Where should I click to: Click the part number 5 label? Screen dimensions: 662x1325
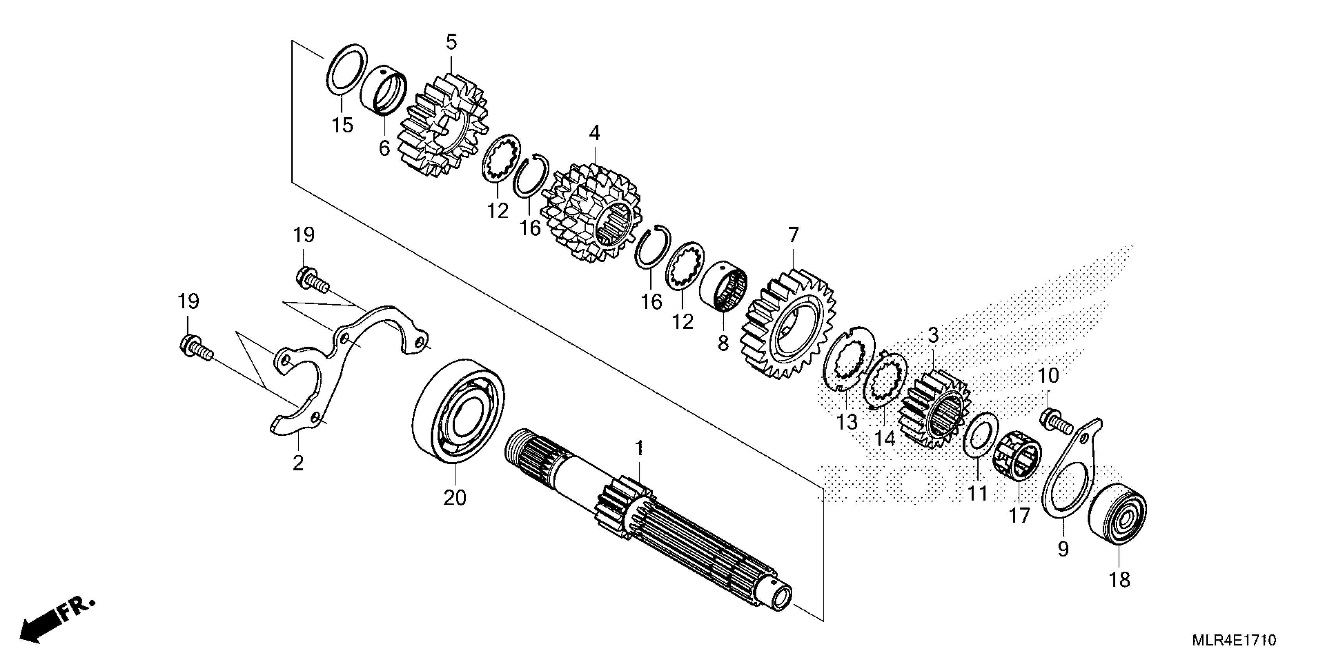pos(451,42)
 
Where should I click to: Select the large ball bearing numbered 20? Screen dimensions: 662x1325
pos(459,411)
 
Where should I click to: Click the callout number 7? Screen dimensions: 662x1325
pos(794,236)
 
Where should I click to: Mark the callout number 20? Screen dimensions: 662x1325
pos(455,498)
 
